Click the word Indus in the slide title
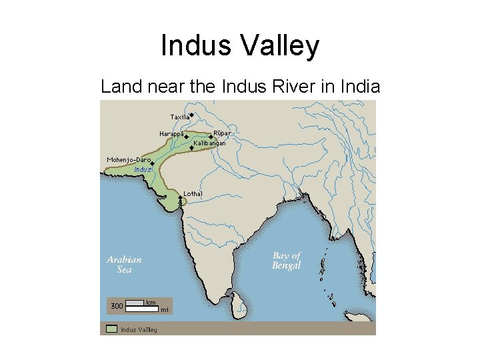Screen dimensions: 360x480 195,47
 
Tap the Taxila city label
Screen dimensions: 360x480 179,117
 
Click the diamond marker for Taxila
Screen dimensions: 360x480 191,115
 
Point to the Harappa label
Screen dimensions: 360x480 171,134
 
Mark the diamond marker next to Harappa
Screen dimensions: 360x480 186,136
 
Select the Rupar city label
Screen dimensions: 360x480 222,133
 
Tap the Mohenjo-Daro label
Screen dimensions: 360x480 129,160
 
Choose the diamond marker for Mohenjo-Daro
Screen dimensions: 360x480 152,163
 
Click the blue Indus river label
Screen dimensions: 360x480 143,169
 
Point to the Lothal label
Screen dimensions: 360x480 193,193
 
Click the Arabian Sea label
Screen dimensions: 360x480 124,265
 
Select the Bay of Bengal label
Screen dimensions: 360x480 287,261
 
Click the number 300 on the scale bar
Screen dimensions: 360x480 117,306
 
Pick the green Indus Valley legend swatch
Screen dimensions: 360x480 111,329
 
